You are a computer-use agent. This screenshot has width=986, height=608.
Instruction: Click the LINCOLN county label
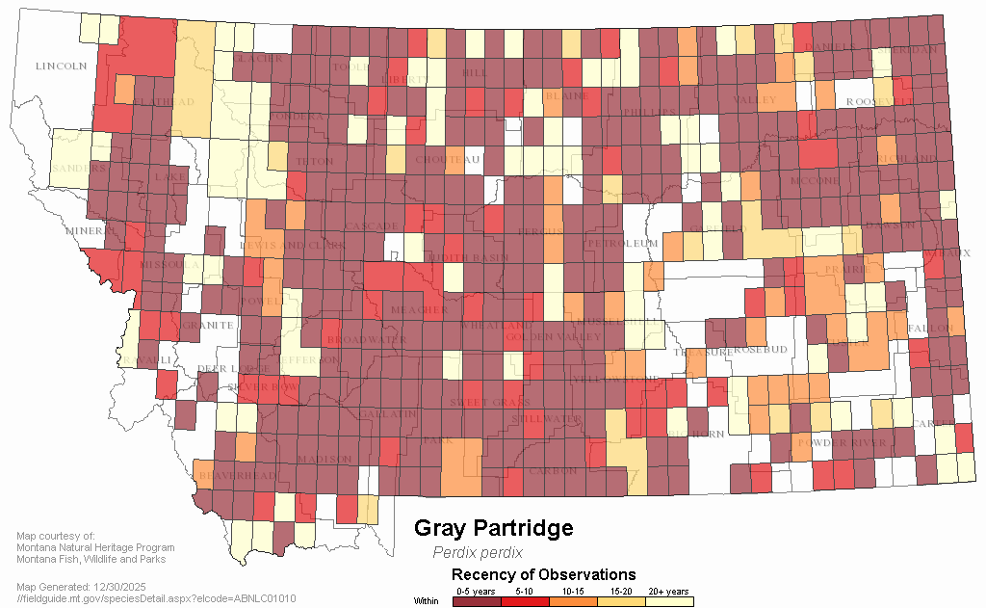pyautogui.click(x=61, y=66)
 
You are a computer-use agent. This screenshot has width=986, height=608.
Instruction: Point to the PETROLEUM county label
pyautogui.click(x=621, y=244)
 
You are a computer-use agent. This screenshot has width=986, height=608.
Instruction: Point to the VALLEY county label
pyautogui.click(x=754, y=99)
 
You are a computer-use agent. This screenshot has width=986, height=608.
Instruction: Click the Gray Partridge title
pyautogui.click(x=493, y=529)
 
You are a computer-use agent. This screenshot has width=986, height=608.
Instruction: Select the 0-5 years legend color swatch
pyautogui.click(x=477, y=601)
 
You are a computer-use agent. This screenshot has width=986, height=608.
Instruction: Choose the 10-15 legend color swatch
pyautogui.click(x=573, y=601)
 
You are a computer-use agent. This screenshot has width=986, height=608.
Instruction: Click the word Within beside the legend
pyautogui.click(x=426, y=601)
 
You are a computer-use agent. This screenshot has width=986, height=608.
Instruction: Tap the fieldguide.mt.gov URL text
pyautogui.click(x=156, y=598)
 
